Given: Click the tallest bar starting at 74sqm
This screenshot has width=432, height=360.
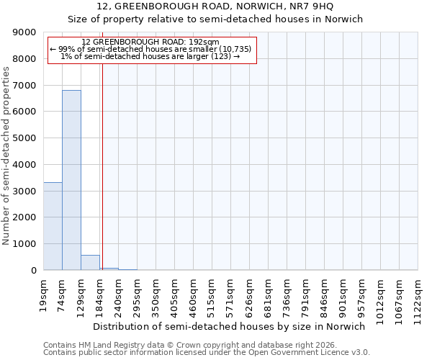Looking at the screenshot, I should [x=71, y=180].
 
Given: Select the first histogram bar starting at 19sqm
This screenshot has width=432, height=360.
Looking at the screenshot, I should [x=53, y=226].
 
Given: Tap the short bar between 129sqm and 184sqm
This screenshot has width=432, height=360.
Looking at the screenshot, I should [x=90, y=263].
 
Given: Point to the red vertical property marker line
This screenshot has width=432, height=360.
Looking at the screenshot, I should [x=102, y=166].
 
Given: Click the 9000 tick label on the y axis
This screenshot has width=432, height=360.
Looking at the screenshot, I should [x=24, y=32].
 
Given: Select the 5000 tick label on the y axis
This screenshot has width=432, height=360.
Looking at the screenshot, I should [x=24, y=138].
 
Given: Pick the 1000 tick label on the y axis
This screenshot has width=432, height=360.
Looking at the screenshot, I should [x=24, y=244].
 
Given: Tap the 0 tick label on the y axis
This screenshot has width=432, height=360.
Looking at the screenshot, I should [x=33, y=271].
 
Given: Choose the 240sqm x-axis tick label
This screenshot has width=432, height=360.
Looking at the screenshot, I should [x=119, y=294].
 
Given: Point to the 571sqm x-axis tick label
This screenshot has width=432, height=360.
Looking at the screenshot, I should [x=231, y=294].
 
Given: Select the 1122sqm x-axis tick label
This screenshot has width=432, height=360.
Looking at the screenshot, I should [x=418, y=297].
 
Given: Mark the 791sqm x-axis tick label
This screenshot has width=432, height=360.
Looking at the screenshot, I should [x=306, y=294].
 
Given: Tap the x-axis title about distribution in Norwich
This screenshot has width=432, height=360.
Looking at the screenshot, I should [x=230, y=326].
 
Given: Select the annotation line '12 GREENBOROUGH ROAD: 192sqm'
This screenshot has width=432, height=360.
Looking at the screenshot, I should [x=150, y=42].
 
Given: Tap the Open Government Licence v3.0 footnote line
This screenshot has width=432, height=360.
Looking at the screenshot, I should [x=207, y=353].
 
